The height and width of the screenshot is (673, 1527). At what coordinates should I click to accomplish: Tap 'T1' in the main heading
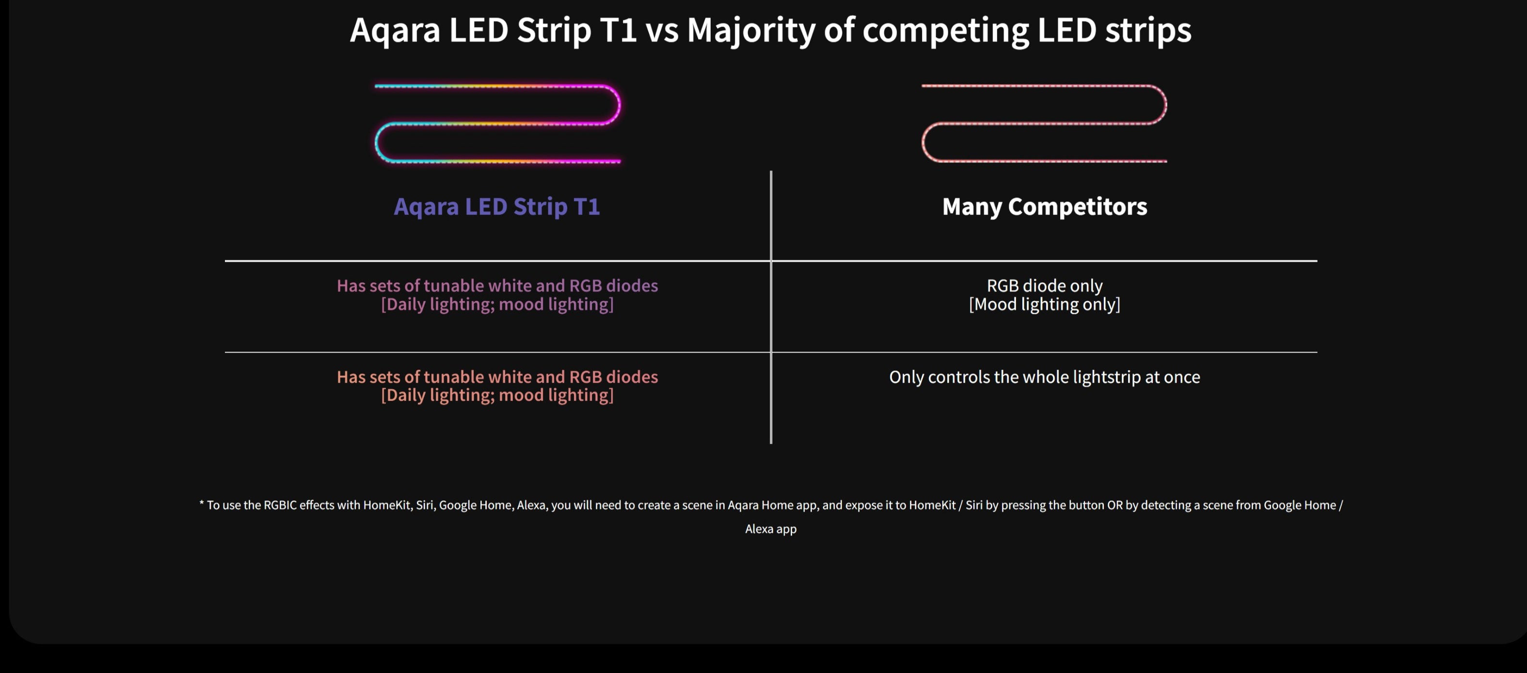pos(618,30)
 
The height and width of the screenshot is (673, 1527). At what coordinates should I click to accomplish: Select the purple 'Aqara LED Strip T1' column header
pos(497,207)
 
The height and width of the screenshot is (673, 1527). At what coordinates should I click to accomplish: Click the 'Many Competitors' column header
pos(1045,207)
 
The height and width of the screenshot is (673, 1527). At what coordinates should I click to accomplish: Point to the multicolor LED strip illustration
pos(498,86)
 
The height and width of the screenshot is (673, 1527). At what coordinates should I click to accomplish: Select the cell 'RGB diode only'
pos(1045,285)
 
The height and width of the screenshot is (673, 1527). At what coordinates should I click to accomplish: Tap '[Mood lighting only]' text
pos(1045,304)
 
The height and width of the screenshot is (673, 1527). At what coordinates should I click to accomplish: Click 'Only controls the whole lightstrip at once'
pos(1045,377)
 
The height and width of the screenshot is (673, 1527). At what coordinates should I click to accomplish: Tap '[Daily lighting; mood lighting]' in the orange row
pos(497,395)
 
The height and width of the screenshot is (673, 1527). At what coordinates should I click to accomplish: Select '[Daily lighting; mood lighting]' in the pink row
pos(497,304)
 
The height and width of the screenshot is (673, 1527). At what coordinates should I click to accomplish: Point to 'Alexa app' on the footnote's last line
pos(771,529)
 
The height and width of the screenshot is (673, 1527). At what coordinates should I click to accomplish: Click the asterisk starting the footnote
pos(202,503)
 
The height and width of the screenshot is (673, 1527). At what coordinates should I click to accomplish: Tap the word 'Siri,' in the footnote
pos(425,505)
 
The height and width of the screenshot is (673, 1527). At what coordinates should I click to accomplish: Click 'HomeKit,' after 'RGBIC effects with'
pos(388,505)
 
